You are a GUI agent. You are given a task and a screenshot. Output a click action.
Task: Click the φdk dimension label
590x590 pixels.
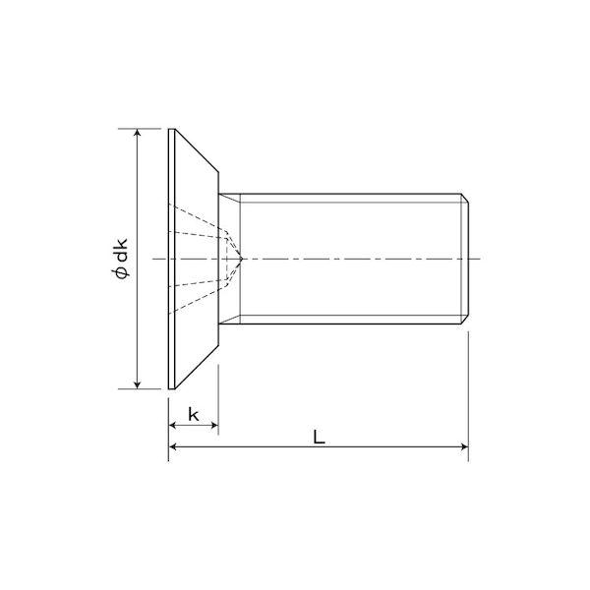(x=120, y=259)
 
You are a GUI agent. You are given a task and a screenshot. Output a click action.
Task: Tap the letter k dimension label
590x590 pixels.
(x=194, y=415)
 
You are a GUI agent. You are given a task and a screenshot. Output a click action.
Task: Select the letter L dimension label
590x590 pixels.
(x=319, y=437)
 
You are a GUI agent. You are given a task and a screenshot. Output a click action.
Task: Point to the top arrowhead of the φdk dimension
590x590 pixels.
(x=138, y=133)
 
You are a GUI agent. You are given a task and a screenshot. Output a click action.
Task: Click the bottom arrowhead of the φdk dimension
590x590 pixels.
(x=138, y=384)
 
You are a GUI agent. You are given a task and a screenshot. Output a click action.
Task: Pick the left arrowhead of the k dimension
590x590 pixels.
(x=173, y=425)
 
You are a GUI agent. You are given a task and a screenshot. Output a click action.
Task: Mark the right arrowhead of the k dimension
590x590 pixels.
(x=214, y=425)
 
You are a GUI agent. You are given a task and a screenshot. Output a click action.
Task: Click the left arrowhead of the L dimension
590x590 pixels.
(x=173, y=446)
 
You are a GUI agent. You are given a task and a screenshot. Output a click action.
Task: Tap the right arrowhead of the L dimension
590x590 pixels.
(x=465, y=446)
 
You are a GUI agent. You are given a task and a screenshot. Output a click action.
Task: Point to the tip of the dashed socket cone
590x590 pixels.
(x=243, y=259)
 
